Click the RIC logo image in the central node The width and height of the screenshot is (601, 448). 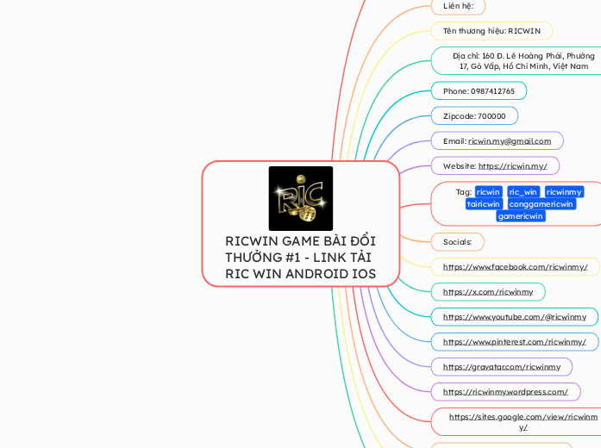[x=300, y=198]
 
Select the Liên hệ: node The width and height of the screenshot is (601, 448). [x=458, y=6]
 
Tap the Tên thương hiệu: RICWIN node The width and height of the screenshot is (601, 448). [x=491, y=31]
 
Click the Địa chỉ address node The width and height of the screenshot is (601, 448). [x=523, y=60]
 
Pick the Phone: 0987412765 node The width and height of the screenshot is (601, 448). [x=479, y=90]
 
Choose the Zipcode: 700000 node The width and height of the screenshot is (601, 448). [x=474, y=115]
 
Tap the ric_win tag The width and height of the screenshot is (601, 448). [x=523, y=191]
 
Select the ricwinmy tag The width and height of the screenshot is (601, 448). [x=564, y=191]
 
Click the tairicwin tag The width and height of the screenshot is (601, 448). [x=484, y=204]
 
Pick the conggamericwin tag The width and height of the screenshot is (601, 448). [x=542, y=204]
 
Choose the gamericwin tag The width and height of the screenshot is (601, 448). [x=521, y=216]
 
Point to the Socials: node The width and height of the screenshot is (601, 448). [x=457, y=242]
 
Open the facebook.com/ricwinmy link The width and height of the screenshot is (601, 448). [x=515, y=267]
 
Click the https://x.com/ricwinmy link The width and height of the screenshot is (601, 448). [x=488, y=292]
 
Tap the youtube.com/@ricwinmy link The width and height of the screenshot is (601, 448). [x=514, y=317]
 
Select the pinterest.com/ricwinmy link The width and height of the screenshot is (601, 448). [x=514, y=342]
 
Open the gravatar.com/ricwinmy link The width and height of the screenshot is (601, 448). [x=501, y=367]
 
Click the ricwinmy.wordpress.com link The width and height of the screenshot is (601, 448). [x=505, y=392]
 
